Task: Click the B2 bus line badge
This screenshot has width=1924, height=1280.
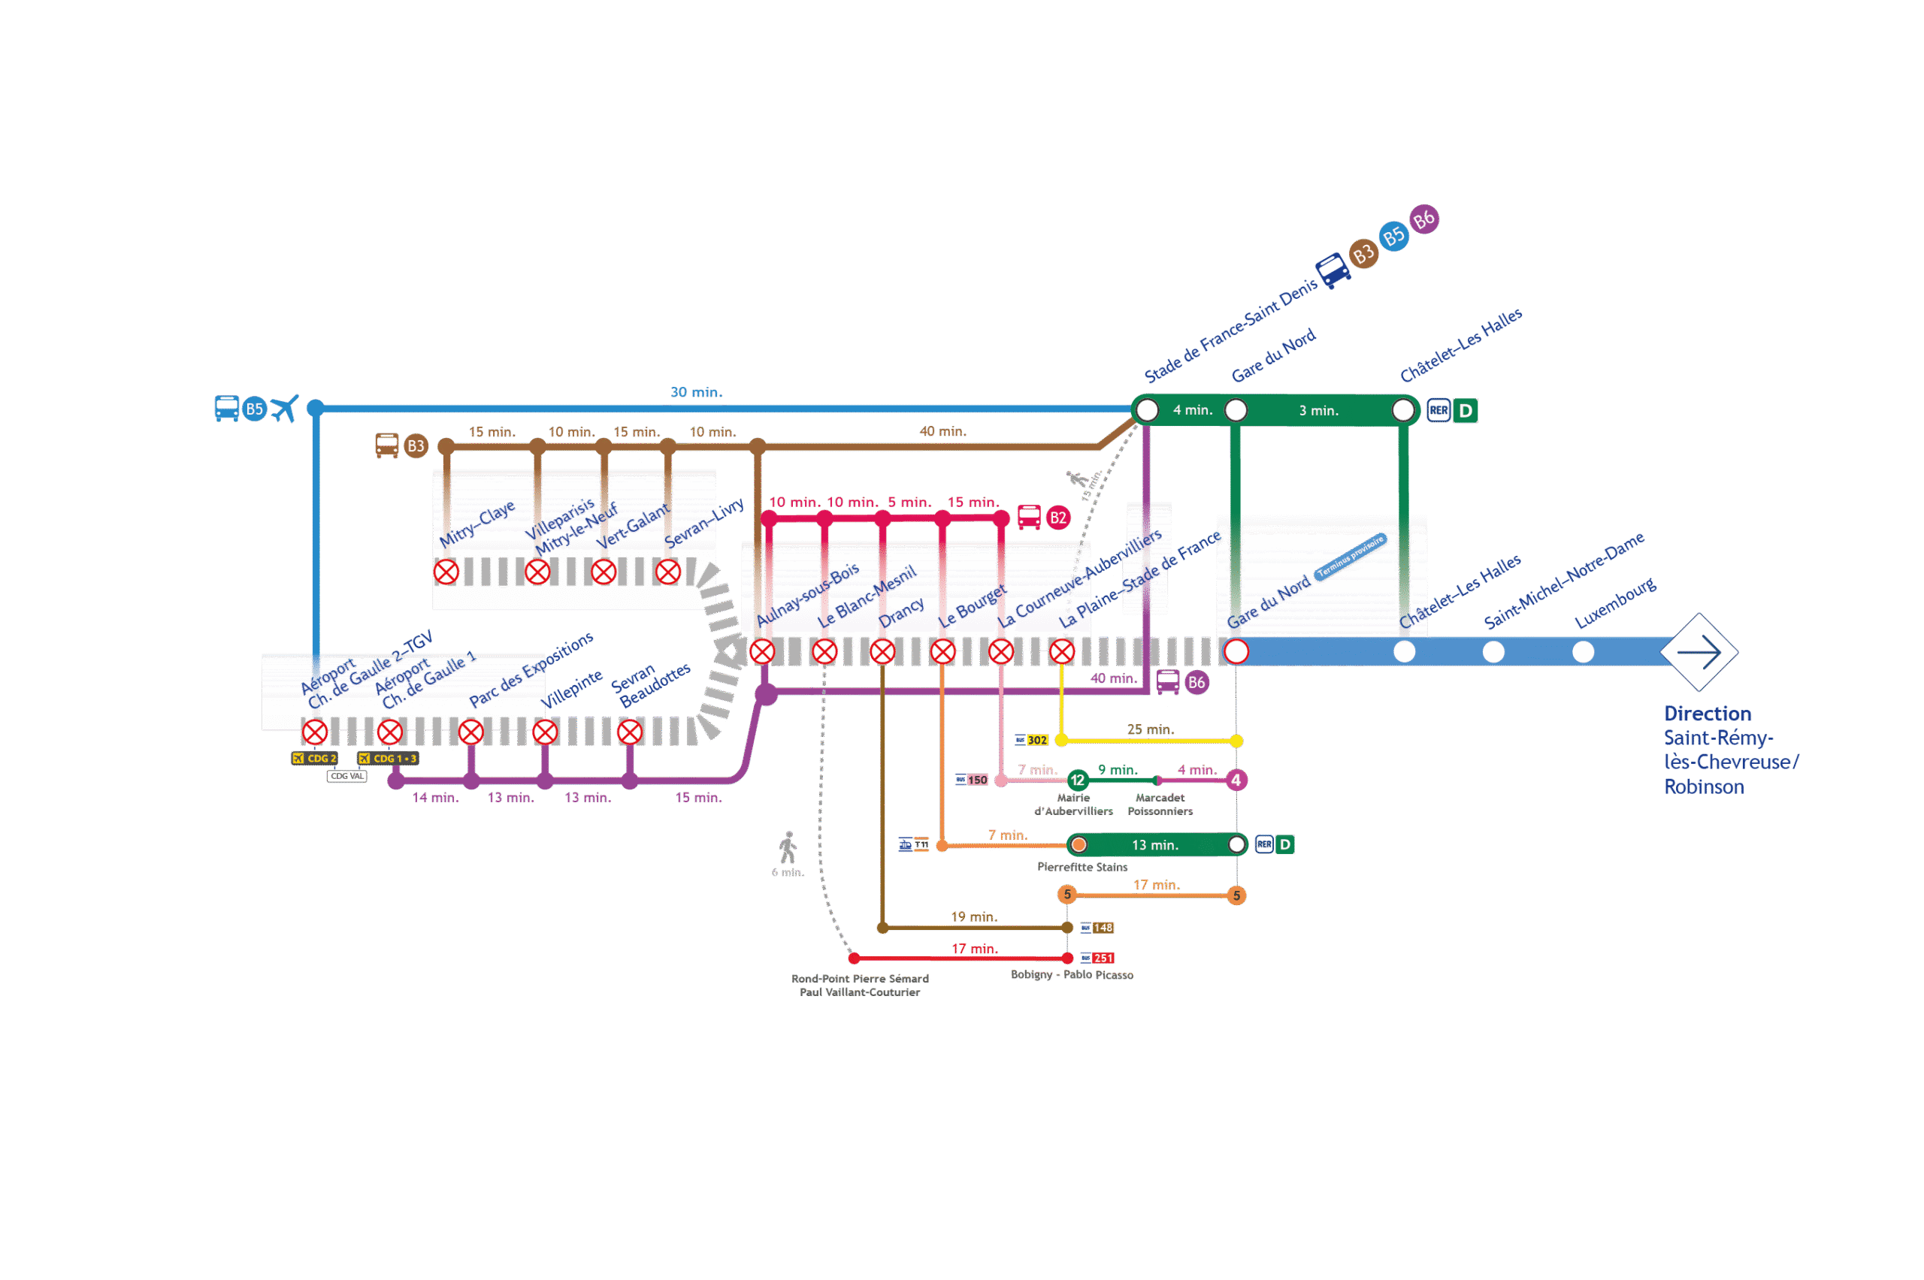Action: (1057, 518)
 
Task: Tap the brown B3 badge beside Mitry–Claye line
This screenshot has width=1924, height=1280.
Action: (416, 445)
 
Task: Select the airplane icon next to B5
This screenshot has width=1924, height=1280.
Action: (285, 408)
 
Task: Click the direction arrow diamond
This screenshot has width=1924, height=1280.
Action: (1699, 651)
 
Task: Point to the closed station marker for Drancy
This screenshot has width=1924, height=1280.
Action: (883, 651)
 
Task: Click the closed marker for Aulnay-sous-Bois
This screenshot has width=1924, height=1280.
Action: (762, 651)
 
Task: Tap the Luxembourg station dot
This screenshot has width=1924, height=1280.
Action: (1583, 651)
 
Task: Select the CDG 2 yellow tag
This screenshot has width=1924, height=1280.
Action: (315, 759)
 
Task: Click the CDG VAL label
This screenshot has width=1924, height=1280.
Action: (346, 776)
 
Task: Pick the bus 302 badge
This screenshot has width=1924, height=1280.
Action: (1032, 740)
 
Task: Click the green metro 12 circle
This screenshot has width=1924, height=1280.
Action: (1077, 780)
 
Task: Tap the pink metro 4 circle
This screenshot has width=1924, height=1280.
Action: (1236, 780)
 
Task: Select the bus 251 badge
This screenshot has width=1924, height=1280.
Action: (1098, 958)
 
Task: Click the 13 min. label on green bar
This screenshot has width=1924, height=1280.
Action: (1154, 845)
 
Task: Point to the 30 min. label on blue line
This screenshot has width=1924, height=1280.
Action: (696, 393)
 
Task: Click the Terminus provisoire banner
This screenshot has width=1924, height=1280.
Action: (1351, 557)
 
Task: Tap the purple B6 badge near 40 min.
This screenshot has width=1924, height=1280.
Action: (1196, 683)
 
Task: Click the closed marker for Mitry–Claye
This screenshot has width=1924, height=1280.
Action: (446, 572)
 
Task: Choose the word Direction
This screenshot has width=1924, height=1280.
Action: (1707, 714)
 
